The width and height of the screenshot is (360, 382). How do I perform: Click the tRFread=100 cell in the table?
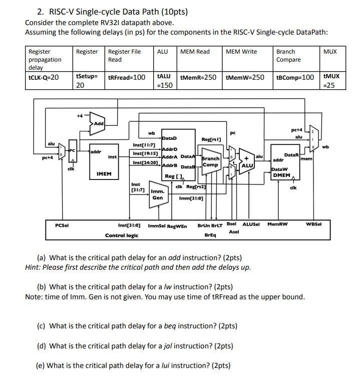point(127,77)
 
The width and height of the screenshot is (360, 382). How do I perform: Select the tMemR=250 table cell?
point(198,77)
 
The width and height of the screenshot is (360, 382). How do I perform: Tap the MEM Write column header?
point(241,52)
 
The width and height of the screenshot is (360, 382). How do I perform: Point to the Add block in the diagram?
point(98,123)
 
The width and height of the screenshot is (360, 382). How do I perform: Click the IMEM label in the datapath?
point(104,174)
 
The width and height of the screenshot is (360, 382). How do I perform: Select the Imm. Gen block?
point(158,194)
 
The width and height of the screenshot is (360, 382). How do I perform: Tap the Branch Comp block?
point(210,161)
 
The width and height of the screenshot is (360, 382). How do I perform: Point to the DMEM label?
point(280,175)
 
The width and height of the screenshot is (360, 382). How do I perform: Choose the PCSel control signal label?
point(62,225)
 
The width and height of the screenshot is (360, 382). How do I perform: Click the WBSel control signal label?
point(313,224)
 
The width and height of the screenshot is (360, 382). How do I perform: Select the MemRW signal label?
point(277,224)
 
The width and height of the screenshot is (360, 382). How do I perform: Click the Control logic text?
point(122,235)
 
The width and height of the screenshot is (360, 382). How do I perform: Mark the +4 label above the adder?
point(79,115)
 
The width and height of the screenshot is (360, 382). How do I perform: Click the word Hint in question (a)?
point(33,267)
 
